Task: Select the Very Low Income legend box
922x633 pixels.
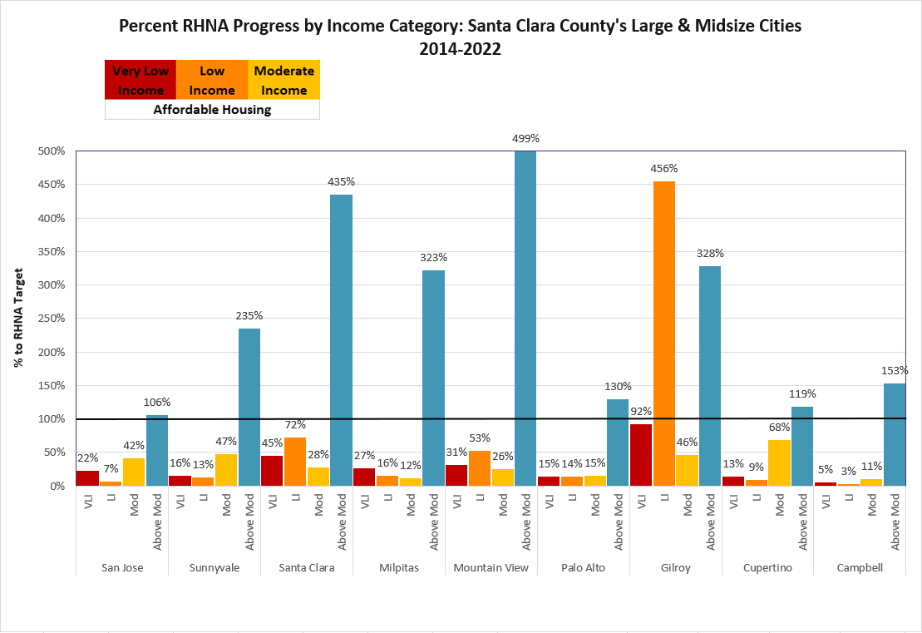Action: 141,80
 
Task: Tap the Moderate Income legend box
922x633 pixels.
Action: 284,80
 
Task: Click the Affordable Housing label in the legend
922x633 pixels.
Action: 212,109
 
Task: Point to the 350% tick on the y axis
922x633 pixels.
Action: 52,252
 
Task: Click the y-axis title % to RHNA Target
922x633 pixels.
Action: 19,319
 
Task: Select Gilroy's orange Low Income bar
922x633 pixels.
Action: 663,333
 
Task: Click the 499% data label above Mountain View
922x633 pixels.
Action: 525,139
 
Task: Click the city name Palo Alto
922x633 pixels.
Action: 583,568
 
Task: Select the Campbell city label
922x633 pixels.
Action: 860,568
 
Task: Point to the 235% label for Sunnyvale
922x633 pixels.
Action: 249,316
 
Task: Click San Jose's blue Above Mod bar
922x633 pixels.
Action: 157,450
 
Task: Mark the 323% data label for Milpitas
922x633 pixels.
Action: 433,258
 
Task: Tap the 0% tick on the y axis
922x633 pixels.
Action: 55,486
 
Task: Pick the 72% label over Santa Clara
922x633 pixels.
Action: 295,425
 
